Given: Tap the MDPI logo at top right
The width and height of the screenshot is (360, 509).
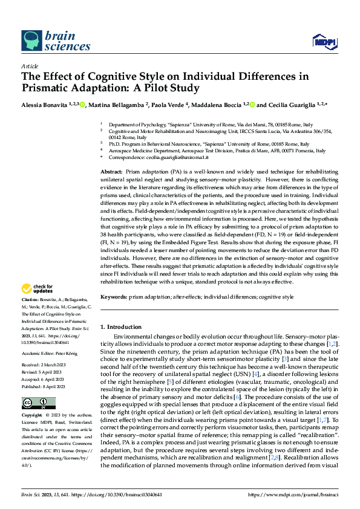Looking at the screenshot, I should click(x=322, y=42).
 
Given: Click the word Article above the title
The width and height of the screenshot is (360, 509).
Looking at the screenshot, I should click(x=30, y=66).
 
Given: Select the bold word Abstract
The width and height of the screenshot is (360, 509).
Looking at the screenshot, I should click(x=112, y=172).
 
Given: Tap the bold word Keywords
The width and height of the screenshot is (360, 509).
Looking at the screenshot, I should click(x=113, y=297).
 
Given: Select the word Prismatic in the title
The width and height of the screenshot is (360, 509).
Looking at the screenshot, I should click(x=50, y=88).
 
